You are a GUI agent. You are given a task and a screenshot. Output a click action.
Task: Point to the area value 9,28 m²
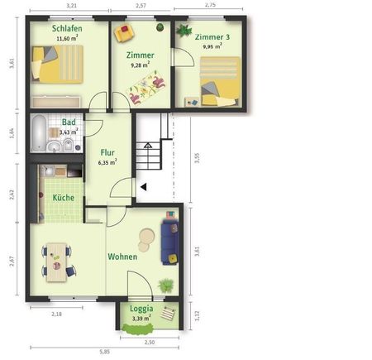tap(139, 64)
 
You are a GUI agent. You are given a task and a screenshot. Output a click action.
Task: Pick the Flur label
tap(107, 152)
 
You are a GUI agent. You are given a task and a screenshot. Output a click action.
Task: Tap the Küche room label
tap(64, 198)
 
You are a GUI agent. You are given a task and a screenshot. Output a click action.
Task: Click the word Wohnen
tap(122, 257)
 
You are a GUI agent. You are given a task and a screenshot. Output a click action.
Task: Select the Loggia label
tap(142, 309)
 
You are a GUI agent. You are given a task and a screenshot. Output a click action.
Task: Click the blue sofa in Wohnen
tap(169, 237)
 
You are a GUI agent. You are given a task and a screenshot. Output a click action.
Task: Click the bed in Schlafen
tap(57, 64)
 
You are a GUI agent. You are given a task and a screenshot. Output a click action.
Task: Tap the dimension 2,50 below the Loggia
tap(150, 342)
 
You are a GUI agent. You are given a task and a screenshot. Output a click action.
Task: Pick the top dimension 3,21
tap(72, 6)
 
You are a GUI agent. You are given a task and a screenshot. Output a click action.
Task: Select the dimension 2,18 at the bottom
tap(56, 314)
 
